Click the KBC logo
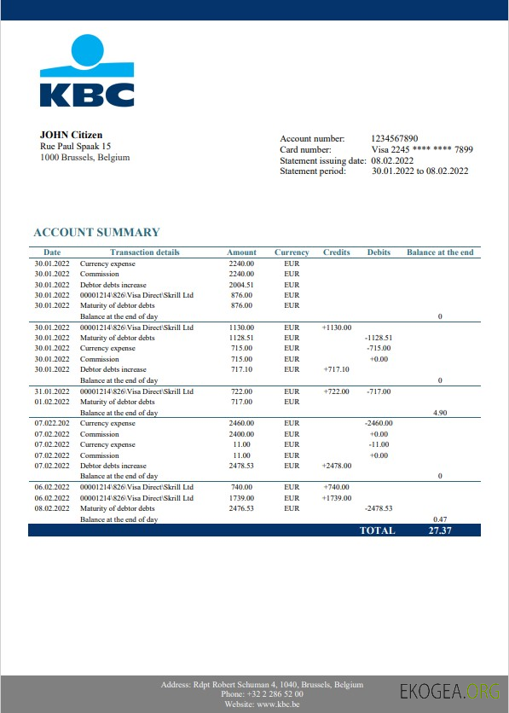click(86, 72)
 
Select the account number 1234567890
click(395, 138)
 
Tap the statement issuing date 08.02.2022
click(392, 160)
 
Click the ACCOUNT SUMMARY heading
click(96, 232)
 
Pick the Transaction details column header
click(145, 252)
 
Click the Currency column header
click(292, 252)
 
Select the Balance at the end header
click(440, 252)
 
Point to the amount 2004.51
click(242, 285)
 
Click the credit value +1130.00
click(337, 328)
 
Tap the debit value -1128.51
click(378, 338)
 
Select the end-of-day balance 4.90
click(440, 412)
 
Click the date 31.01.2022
click(51, 391)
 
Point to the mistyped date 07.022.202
click(51, 424)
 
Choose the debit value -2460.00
click(378, 424)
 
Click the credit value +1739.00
click(337, 498)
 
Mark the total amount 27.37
click(440, 530)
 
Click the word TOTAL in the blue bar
click(378, 530)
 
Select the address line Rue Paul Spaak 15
click(75, 147)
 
